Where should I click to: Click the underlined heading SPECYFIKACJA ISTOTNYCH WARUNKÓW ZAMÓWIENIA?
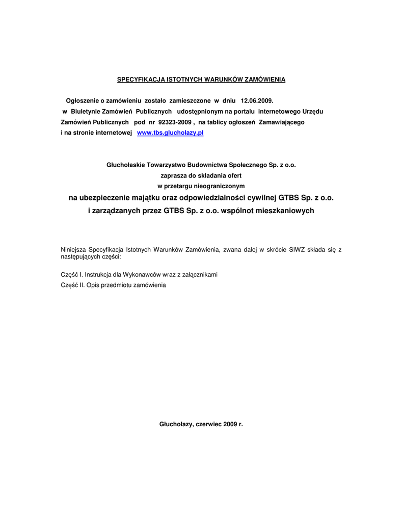(201, 80)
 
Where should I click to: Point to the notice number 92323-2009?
(175, 122)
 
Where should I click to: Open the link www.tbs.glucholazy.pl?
(171, 133)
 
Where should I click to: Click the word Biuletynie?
(86, 112)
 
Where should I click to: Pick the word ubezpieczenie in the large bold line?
(107, 197)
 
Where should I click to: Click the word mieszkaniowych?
(285, 210)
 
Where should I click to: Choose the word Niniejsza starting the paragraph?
(73, 250)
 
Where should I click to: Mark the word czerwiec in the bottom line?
(208, 424)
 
